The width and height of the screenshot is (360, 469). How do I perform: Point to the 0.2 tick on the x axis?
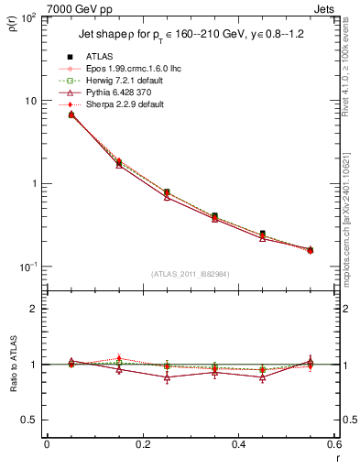[x=142, y=444]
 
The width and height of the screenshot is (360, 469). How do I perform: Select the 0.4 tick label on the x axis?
[x=237, y=444]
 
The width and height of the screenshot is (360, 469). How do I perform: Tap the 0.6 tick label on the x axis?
[x=333, y=444]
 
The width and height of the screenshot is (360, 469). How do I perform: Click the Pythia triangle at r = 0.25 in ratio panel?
[x=167, y=377]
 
